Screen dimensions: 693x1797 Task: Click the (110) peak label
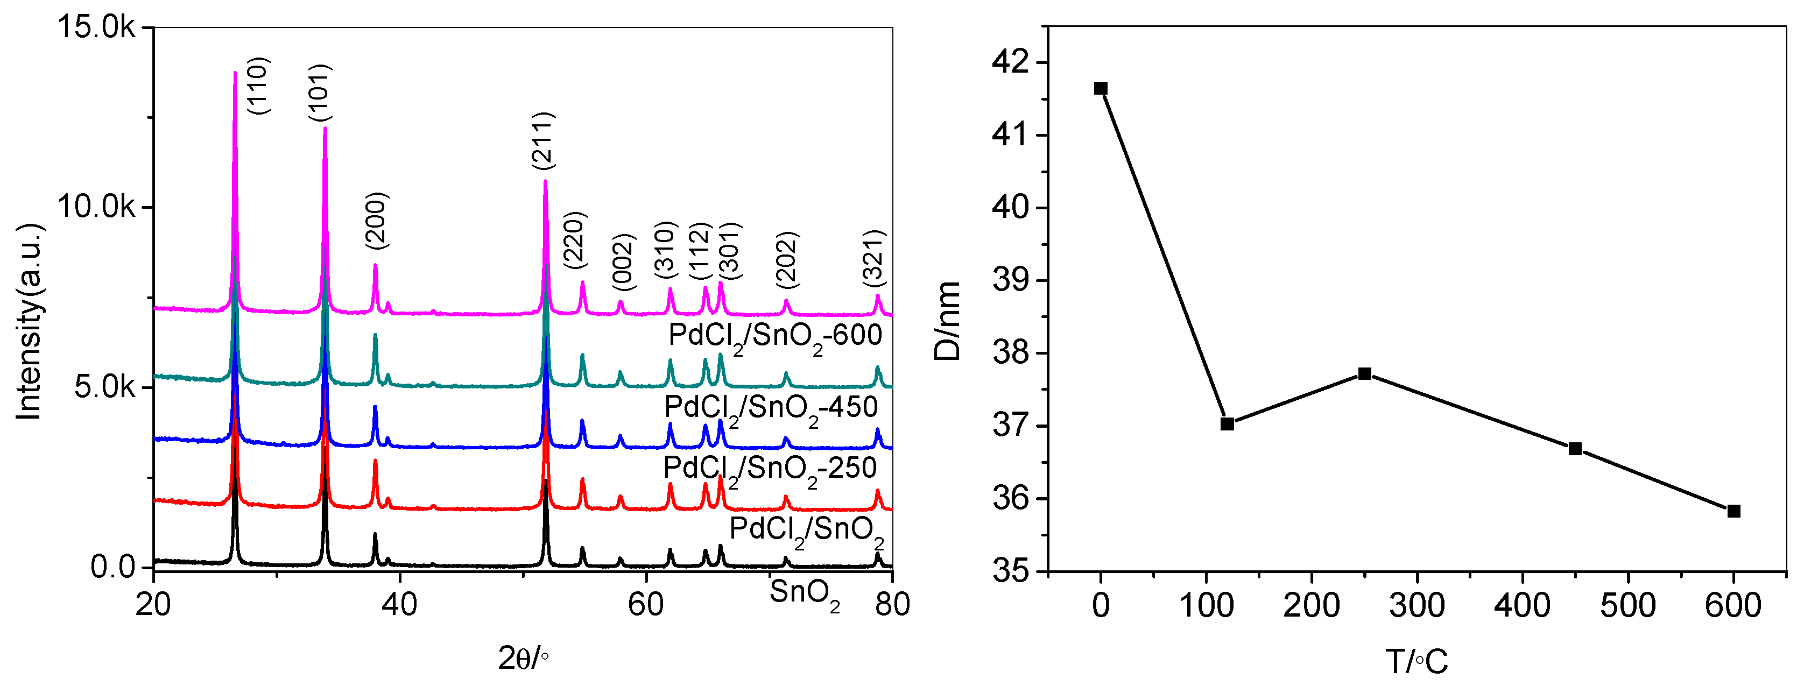[x=259, y=85]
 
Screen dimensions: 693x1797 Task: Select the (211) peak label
[x=542, y=140]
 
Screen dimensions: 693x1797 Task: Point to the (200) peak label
[x=376, y=220]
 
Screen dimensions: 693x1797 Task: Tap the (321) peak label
[x=873, y=257]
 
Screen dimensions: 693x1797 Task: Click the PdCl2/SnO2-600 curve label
[x=775, y=337]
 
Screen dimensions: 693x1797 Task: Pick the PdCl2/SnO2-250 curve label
[x=770, y=469]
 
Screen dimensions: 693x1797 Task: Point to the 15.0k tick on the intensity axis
[x=96, y=27]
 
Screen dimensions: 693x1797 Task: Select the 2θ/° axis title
[x=523, y=658]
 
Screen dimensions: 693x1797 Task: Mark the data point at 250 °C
[x=1364, y=374]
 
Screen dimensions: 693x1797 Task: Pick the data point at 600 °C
[x=1733, y=511]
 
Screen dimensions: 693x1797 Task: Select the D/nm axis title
[x=947, y=321]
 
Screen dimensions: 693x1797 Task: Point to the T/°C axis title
[x=1416, y=661]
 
